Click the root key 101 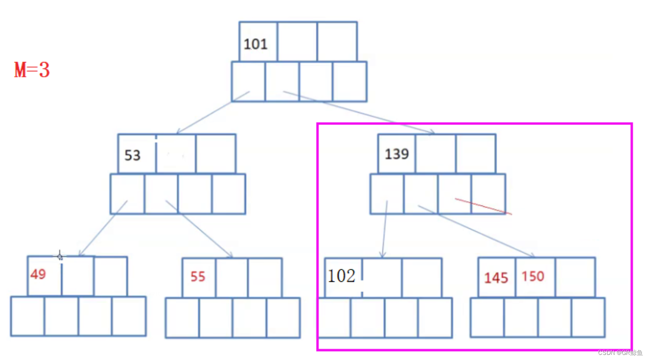(255, 44)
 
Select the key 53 (132, 155)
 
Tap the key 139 (396, 154)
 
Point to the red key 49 (38, 274)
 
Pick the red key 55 (198, 277)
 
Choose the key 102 (341, 276)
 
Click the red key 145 (496, 278)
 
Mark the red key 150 (533, 276)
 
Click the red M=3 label (32, 70)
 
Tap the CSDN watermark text (620, 353)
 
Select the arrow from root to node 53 (213, 112)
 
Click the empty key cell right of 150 (575, 277)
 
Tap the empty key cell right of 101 (297, 42)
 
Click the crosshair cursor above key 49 (60, 255)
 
